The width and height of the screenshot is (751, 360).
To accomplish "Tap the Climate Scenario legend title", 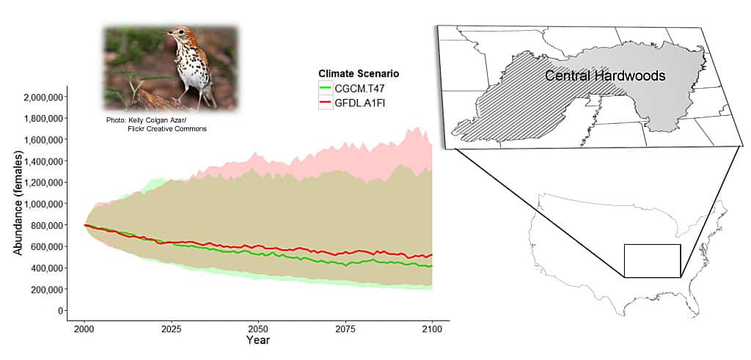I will pyautogui.click(x=358, y=73).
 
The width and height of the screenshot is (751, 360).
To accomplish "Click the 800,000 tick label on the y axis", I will pyautogui.click(x=46, y=226).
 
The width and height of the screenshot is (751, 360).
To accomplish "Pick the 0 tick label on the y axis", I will pyautogui.click(x=61, y=311).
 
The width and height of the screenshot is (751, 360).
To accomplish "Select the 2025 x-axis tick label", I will pyautogui.click(x=171, y=329).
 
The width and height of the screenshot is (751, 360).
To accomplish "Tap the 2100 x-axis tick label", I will pyautogui.click(x=431, y=329).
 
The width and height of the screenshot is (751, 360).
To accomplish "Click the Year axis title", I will pyautogui.click(x=257, y=341).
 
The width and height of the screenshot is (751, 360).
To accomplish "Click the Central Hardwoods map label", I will pyautogui.click(x=605, y=76).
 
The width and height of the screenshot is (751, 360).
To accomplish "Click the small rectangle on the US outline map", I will pyautogui.click(x=652, y=261).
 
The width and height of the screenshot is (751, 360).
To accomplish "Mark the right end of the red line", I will pyautogui.click(x=432, y=255).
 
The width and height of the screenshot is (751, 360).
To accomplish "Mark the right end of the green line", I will pyautogui.click(x=432, y=266).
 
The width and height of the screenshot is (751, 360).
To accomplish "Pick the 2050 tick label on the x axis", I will pyautogui.click(x=257, y=329).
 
